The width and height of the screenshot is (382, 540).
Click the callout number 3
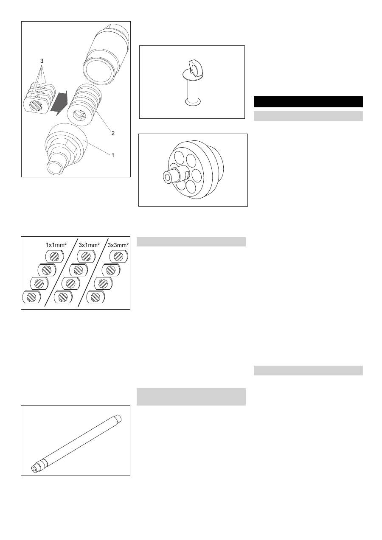pos(42,61)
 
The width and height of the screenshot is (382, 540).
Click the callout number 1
pos(113,155)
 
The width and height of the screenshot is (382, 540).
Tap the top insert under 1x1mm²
pos(54,257)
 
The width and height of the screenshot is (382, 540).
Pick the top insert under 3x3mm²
pos(118,257)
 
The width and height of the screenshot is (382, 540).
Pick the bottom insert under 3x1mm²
pos(62,297)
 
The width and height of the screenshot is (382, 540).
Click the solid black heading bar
pos(308,102)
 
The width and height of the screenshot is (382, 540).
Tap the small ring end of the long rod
pos(34,469)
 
